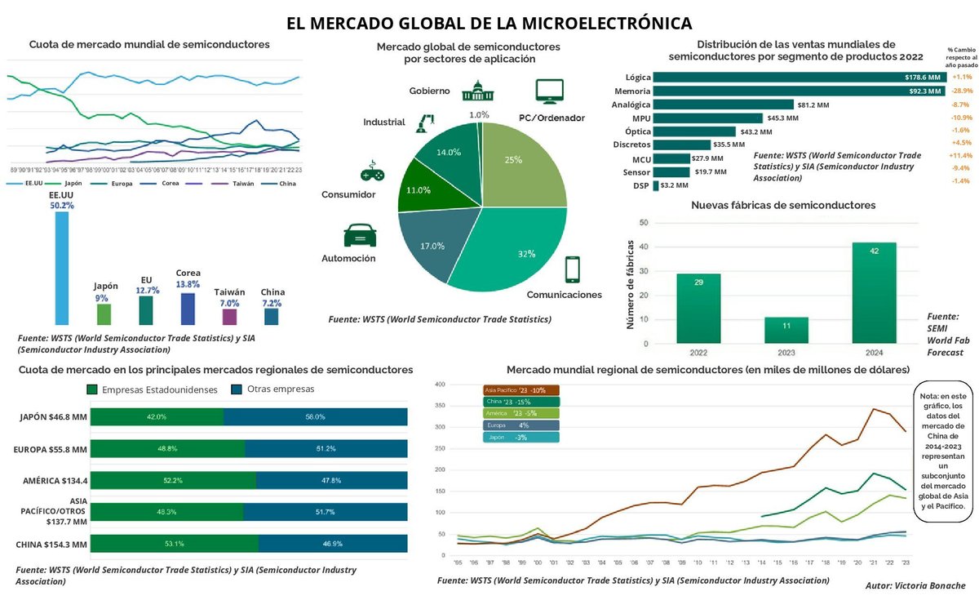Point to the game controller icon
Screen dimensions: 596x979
(x=372, y=173)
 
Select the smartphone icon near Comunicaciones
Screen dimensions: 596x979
(x=573, y=269)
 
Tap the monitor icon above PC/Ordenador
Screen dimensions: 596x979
(x=550, y=91)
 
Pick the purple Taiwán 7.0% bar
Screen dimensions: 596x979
(x=229, y=317)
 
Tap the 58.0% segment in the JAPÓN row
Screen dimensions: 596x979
(x=315, y=416)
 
